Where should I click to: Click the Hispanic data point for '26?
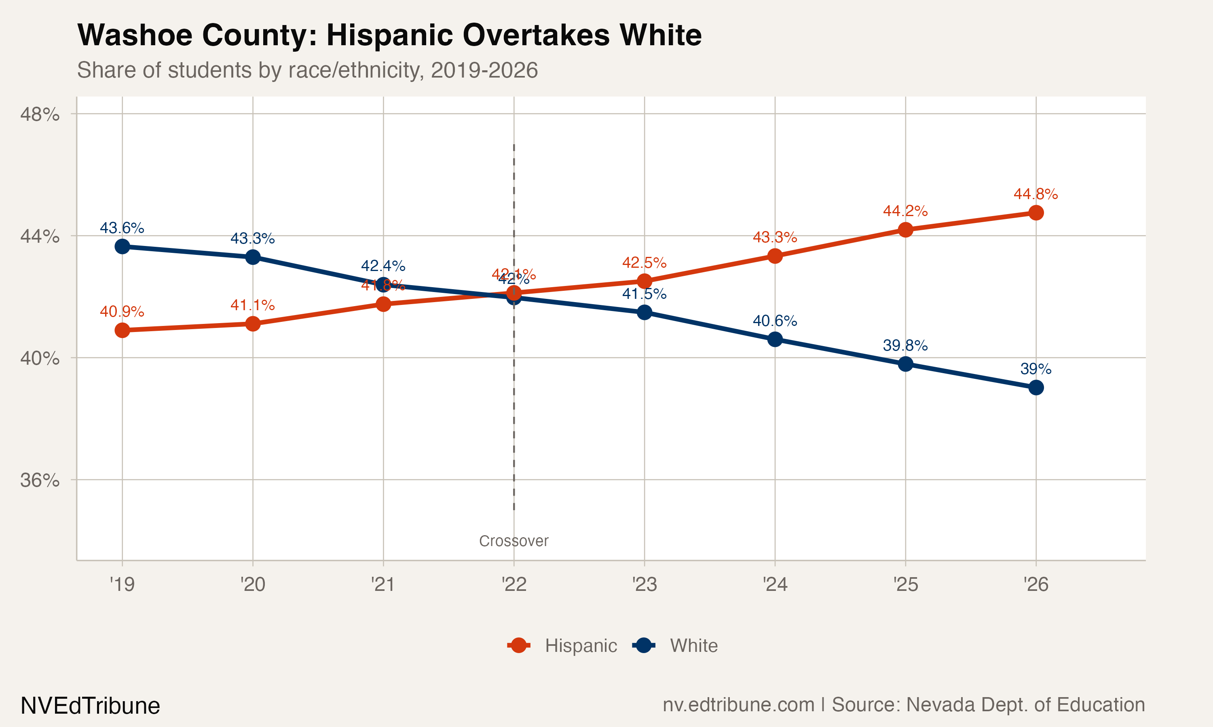point(1035,212)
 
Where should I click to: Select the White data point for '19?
point(122,246)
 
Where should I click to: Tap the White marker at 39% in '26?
point(1035,387)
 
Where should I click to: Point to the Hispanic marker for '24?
point(775,256)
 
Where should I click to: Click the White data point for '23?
point(644,312)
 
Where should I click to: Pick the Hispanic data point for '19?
point(122,330)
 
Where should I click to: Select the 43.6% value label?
point(122,228)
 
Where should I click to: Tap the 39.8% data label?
point(905,346)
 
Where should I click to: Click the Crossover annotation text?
point(514,541)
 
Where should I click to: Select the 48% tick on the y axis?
point(40,114)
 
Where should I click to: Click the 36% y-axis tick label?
point(40,480)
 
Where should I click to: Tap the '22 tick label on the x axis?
point(514,584)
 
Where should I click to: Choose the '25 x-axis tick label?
point(905,584)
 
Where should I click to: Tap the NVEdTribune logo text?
point(90,706)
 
